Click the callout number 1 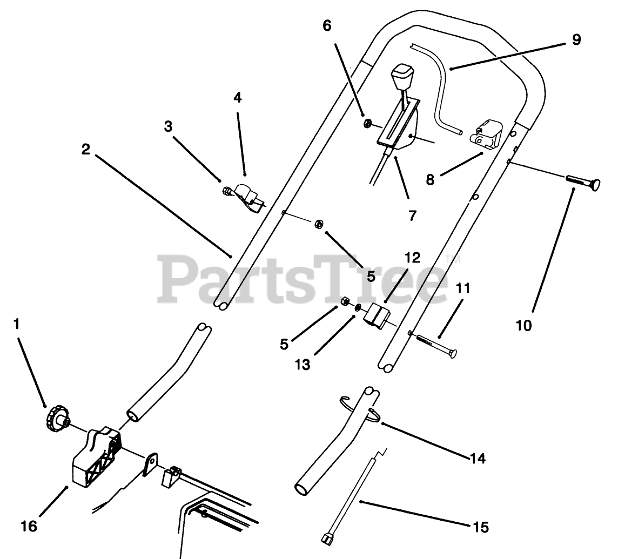point(16,324)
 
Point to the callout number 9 point(576,39)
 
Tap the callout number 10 point(523,325)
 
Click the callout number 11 point(462,288)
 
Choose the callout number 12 point(412,258)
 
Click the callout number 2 point(86,150)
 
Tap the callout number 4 point(238,97)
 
